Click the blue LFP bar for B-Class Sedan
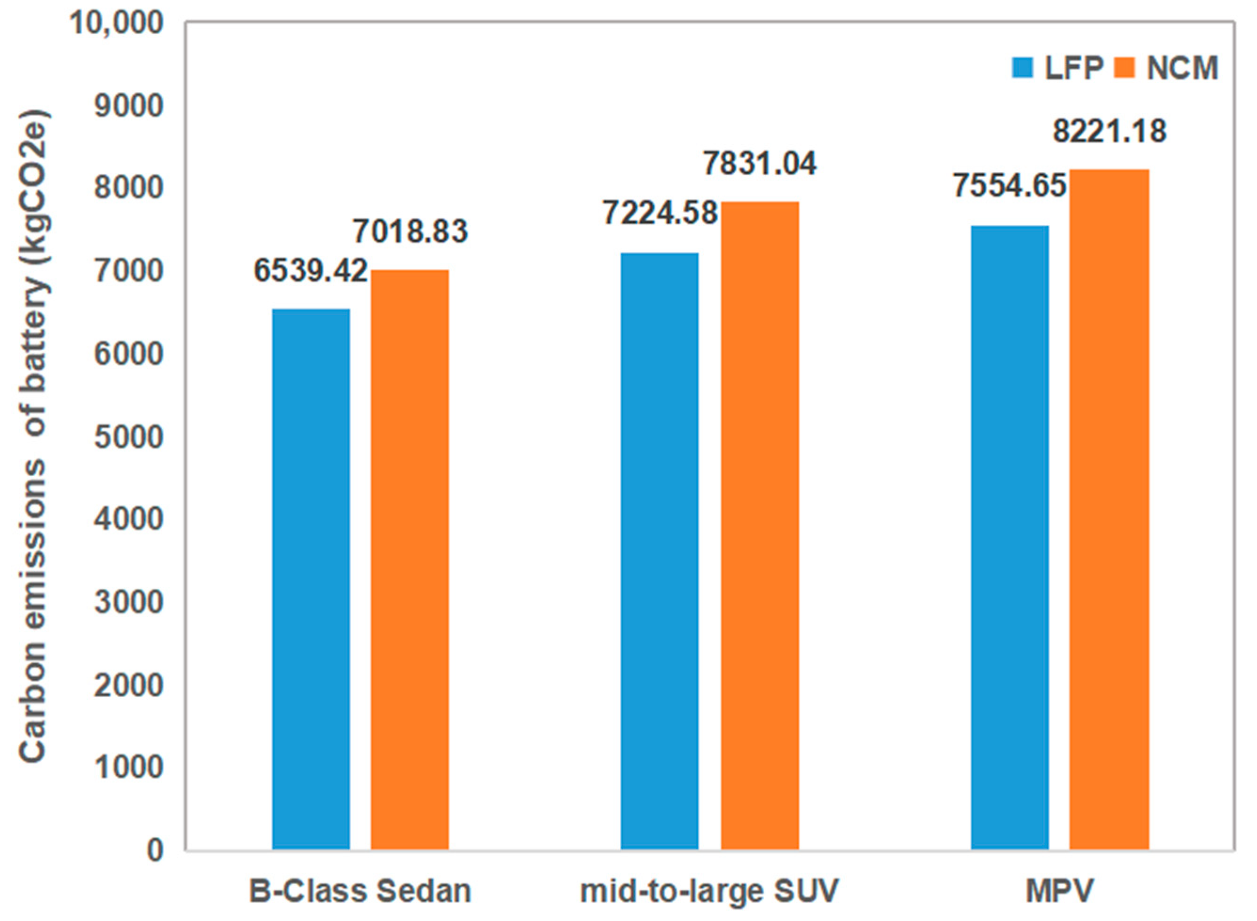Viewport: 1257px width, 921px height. tap(311, 579)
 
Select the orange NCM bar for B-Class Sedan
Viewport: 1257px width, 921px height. tap(410, 560)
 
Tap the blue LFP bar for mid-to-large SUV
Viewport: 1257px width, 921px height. tap(660, 551)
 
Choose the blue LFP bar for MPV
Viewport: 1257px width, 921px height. tap(1010, 537)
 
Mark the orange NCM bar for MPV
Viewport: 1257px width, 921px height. tap(1109, 510)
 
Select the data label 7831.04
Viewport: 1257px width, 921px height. tap(759, 163)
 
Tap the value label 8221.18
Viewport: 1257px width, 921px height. tap(1109, 131)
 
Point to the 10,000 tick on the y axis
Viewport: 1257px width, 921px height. tap(117, 24)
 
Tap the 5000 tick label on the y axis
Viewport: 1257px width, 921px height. tap(129, 438)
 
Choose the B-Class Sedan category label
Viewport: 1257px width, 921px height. tap(360, 891)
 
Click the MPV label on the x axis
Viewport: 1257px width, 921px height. tap(1059, 891)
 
